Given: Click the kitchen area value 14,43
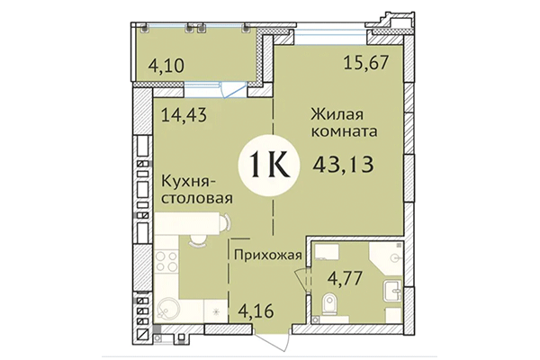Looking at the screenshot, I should (x=184, y=114).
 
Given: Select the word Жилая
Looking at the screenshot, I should (x=339, y=114).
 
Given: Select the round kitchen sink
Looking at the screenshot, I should (x=166, y=311).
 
